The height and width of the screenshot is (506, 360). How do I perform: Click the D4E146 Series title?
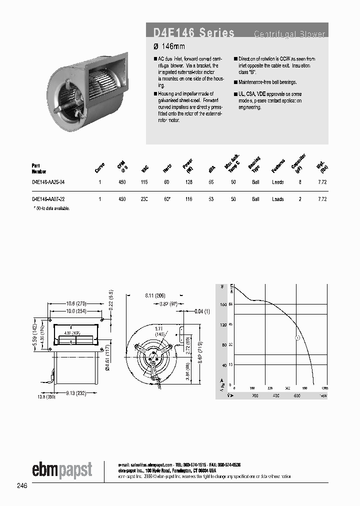pos(193,33)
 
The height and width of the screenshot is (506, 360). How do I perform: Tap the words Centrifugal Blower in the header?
pos(289,34)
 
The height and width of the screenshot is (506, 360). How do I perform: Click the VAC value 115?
pos(144,182)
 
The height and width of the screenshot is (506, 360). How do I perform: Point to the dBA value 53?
pos(211,199)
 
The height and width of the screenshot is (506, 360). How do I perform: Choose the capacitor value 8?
pos(300,182)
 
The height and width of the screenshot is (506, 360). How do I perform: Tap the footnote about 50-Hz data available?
pos(51,207)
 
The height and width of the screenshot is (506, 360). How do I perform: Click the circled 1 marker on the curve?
pos(296,338)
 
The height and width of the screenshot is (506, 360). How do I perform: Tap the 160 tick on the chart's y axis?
pos(223,304)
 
